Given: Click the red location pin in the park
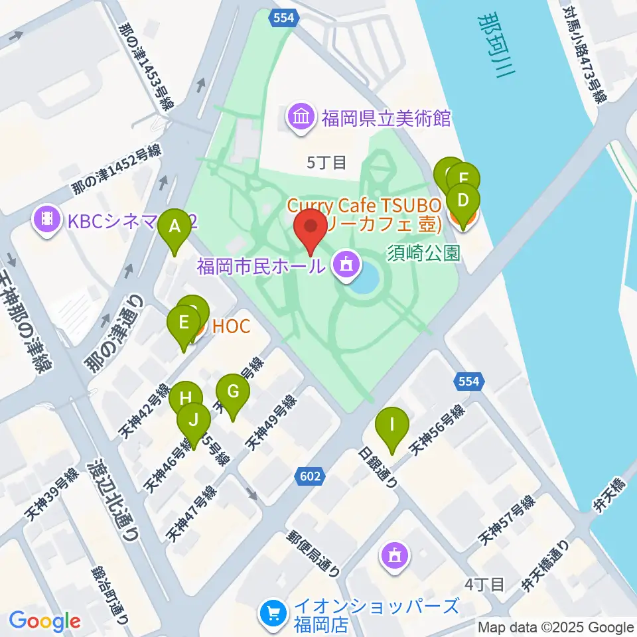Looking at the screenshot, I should click(x=311, y=229).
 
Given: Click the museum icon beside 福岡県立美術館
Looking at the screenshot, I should click(x=301, y=119).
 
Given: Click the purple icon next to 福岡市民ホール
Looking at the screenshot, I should click(x=344, y=267).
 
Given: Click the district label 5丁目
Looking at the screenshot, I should click(x=326, y=162).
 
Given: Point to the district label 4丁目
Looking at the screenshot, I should click(x=484, y=585).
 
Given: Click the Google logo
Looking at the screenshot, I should click(x=44, y=622).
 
